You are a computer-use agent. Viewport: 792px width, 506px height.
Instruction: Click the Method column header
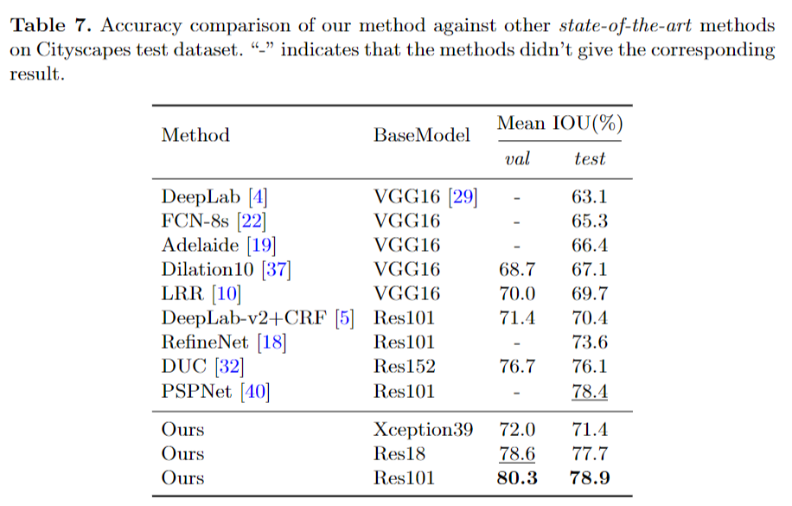pos(195,136)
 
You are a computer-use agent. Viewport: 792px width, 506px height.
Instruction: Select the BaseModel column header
pos(422,136)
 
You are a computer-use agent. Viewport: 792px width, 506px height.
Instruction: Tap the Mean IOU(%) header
pos(559,124)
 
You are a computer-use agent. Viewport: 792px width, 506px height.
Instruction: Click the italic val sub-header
pos(517,159)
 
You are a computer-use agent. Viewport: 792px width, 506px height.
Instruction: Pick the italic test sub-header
pos(589,159)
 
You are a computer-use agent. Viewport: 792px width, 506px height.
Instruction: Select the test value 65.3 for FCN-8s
pos(589,221)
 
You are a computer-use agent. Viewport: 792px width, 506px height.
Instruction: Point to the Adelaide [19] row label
pos(219,246)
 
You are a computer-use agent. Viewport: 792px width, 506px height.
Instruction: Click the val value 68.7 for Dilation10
pos(517,270)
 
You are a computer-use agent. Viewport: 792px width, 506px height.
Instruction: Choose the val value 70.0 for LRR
pos(517,294)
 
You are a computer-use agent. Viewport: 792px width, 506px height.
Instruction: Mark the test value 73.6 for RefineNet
pos(589,343)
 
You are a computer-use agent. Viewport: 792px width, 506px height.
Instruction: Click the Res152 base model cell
pos(404,367)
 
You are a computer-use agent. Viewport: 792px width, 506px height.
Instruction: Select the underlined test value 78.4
pos(589,391)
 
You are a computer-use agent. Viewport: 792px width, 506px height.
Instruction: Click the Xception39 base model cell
pos(423,429)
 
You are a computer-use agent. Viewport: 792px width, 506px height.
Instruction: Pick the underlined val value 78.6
pos(517,453)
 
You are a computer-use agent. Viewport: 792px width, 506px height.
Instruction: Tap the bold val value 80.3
pos(517,477)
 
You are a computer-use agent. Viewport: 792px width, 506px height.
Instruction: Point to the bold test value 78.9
pos(589,477)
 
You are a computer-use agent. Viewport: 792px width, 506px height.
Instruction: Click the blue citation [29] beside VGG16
pos(463,197)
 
